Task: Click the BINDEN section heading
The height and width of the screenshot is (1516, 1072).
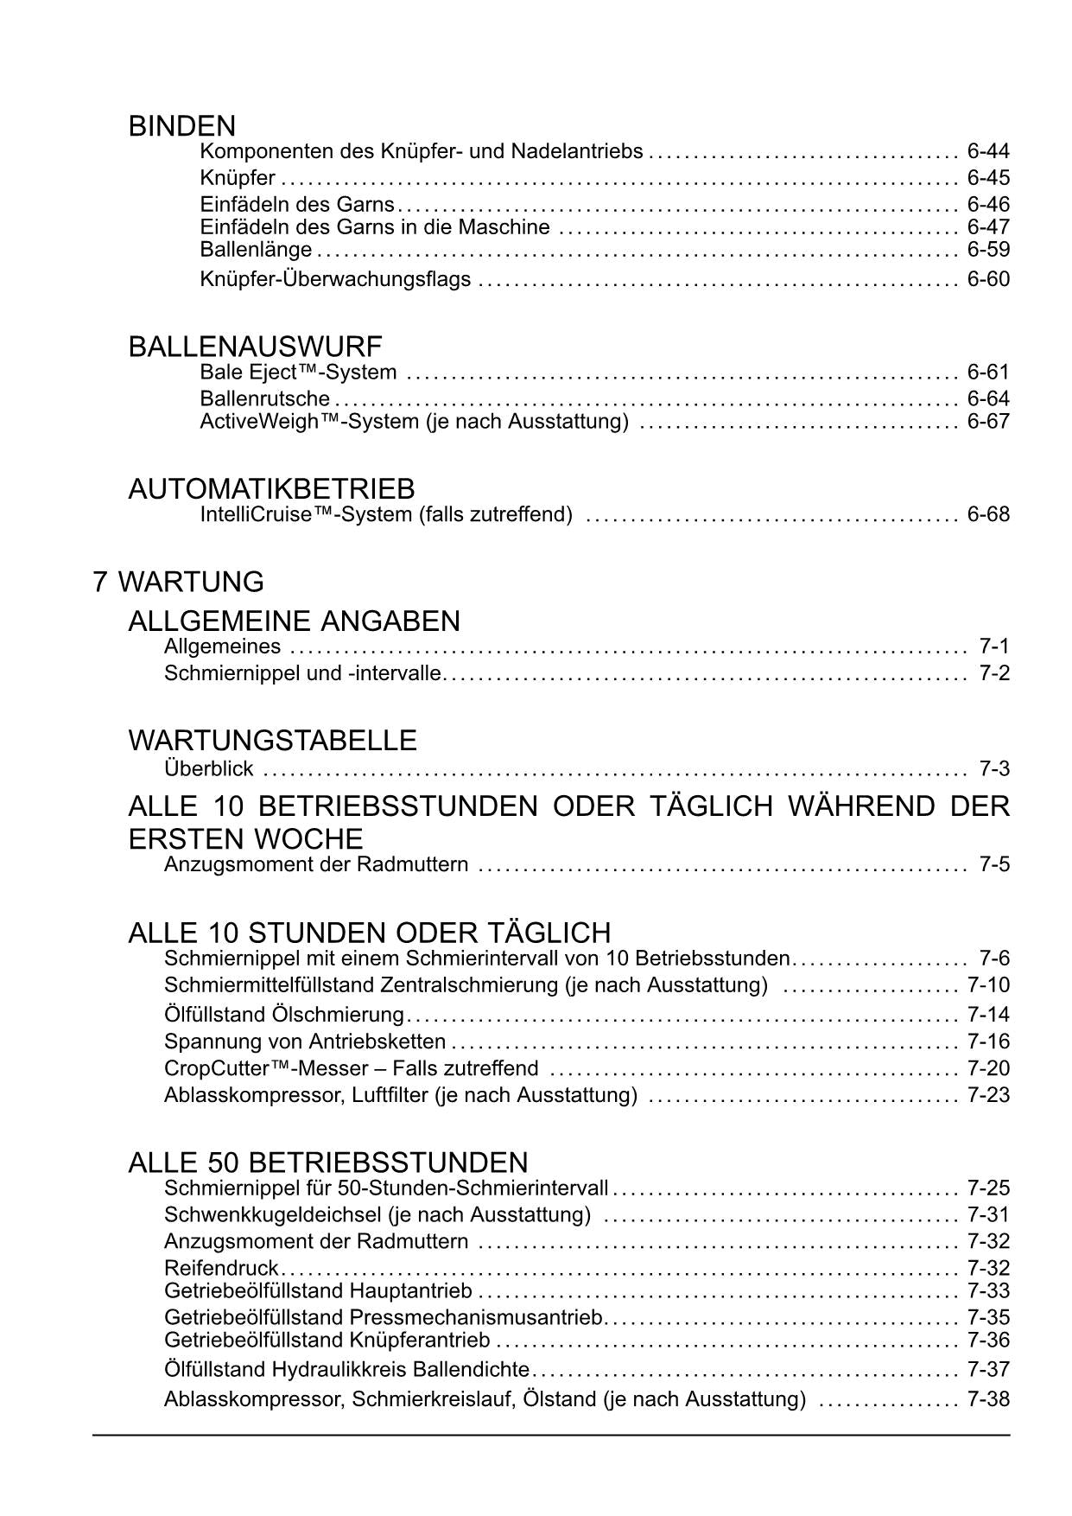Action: point(181,126)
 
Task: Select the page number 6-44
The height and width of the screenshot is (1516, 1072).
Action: point(988,151)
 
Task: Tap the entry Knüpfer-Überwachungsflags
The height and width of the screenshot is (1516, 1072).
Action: point(335,279)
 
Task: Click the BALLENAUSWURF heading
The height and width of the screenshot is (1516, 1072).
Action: point(255,347)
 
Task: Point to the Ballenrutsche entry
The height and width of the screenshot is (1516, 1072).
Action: point(264,398)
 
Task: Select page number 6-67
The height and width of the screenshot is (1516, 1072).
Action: point(988,421)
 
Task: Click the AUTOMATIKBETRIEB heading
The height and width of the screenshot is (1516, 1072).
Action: point(271,488)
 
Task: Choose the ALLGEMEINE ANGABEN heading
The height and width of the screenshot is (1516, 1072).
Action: point(294,621)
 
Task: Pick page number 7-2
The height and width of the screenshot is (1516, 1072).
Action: point(994,672)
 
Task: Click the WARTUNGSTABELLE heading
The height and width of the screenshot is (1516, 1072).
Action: point(272,740)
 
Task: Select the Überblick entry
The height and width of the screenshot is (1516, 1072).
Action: point(208,768)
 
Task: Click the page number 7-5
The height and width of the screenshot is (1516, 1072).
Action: point(994,864)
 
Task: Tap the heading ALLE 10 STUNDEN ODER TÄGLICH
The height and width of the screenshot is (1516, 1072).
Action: point(369,933)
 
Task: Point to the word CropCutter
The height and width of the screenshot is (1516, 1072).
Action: point(215,1068)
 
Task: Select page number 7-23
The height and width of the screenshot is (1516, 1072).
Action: point(988,1095)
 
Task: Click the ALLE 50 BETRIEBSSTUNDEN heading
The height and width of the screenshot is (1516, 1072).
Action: point(327,1162)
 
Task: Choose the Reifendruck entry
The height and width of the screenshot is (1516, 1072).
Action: point(221,1268)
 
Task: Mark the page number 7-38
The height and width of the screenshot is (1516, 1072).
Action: point(988,1398)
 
